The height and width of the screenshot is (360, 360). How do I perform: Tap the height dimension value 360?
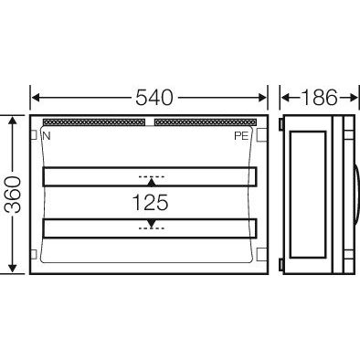coord(12,194)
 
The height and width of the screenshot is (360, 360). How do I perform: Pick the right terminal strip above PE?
coord(206,121)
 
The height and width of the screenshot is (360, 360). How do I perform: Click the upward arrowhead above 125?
coord(150,184)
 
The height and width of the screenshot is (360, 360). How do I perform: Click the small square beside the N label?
coord(35,135)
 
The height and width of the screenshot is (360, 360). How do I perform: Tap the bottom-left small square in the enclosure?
coord(35,255)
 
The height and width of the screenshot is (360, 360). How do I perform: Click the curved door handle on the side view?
coord(354,194)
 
